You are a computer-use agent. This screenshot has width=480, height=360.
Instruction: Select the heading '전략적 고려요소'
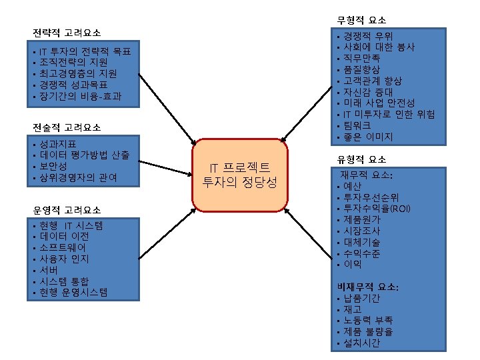[67, 32]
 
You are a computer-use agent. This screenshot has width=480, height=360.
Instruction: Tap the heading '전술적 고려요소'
[67, 127]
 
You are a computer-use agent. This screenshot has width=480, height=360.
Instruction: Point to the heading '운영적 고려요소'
[67, 210]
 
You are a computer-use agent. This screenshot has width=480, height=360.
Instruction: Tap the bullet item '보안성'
[54, 166]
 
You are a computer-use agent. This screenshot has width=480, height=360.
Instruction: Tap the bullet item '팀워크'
[357, 126]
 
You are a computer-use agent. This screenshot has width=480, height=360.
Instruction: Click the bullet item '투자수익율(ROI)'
[377, 209]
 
